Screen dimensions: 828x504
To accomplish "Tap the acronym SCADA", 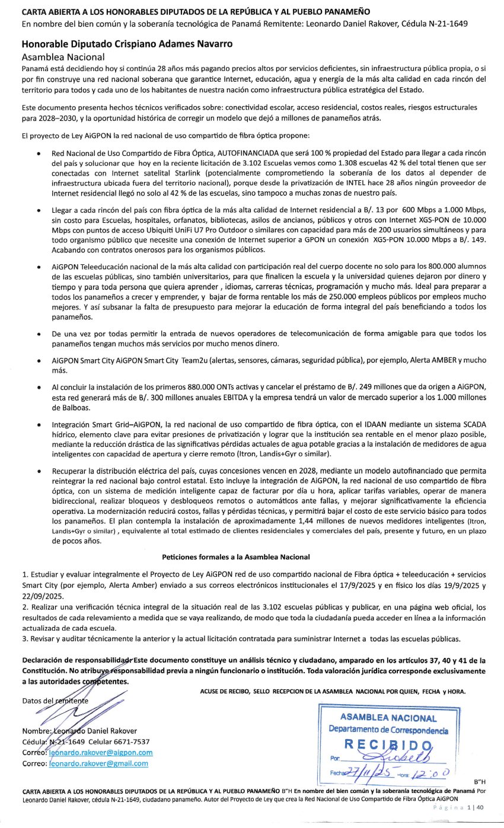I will click(471, 426).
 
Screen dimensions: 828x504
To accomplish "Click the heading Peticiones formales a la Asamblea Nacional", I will click(235, 557).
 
